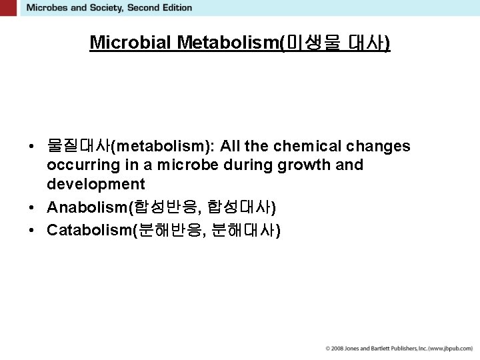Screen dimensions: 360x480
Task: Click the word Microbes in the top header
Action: pyautogui.click(x=47, y=8)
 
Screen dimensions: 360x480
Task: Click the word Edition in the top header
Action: pyautogui.click(x=175, y=8)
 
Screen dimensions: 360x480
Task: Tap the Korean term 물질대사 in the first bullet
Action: pyautogui.click(x=78, y=146)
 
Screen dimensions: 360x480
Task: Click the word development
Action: pyautogui.click(x=95, y=183)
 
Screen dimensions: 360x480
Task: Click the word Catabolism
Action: pyautogui.click(x=90, y=231)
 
